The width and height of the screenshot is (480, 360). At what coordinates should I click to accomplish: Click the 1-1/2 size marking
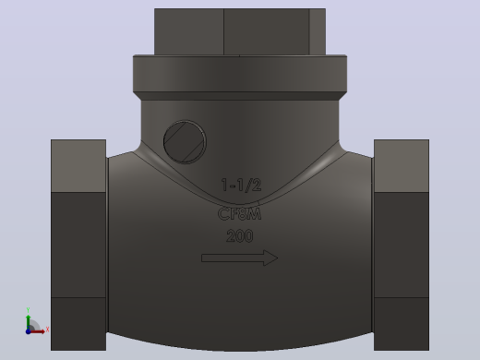pos(241,185)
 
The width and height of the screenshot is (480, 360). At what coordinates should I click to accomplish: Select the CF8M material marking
pos(239,214)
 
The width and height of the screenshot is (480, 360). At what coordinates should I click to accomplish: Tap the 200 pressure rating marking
pos(240,236)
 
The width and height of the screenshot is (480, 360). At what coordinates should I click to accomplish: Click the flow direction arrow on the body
pos(240,258)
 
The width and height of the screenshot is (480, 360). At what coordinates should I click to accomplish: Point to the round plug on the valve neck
pos(185,142)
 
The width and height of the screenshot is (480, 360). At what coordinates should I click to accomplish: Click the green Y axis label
pos(28,310)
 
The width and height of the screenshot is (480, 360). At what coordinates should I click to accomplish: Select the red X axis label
pos(47,330)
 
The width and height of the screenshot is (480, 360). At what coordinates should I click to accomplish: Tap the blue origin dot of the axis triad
pos(28,331)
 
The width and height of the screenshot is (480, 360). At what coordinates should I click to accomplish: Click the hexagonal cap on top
pos(240,31)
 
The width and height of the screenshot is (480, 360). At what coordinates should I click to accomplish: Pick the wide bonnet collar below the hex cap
pos(240,74)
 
